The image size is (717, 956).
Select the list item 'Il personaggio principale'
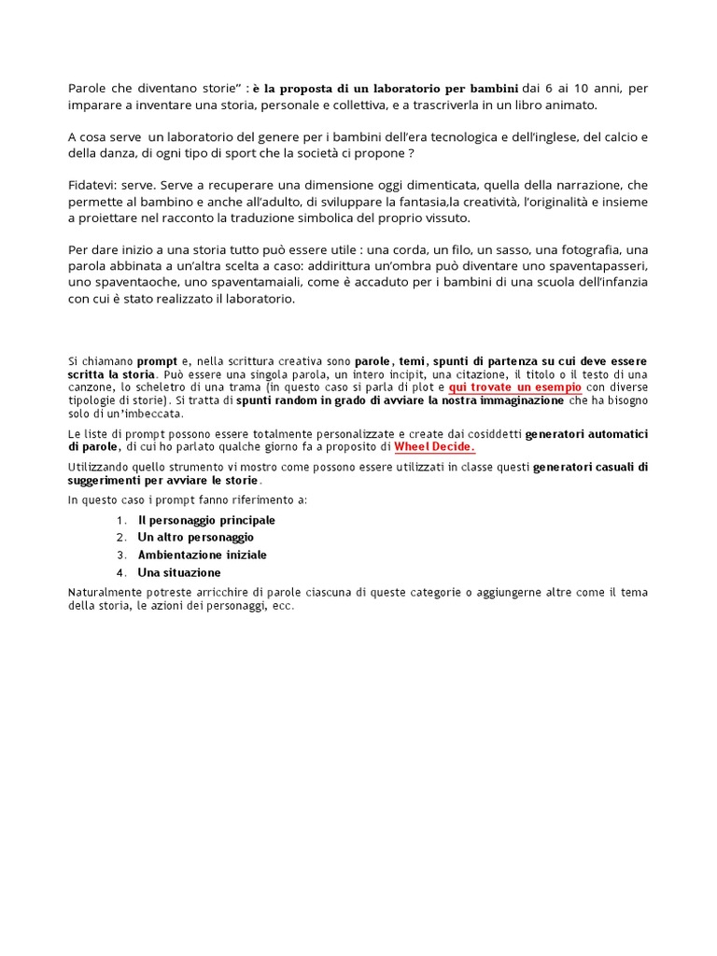coord(206,520)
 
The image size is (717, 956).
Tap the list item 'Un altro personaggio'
coord(195,537)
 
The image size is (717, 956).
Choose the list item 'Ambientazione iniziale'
coord(202,555)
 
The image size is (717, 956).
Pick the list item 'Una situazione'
coord(179,572)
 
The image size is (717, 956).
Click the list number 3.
coord(120,555)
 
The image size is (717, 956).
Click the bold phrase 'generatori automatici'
coord(587,434)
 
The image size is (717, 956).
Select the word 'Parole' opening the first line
coord(90,88)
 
